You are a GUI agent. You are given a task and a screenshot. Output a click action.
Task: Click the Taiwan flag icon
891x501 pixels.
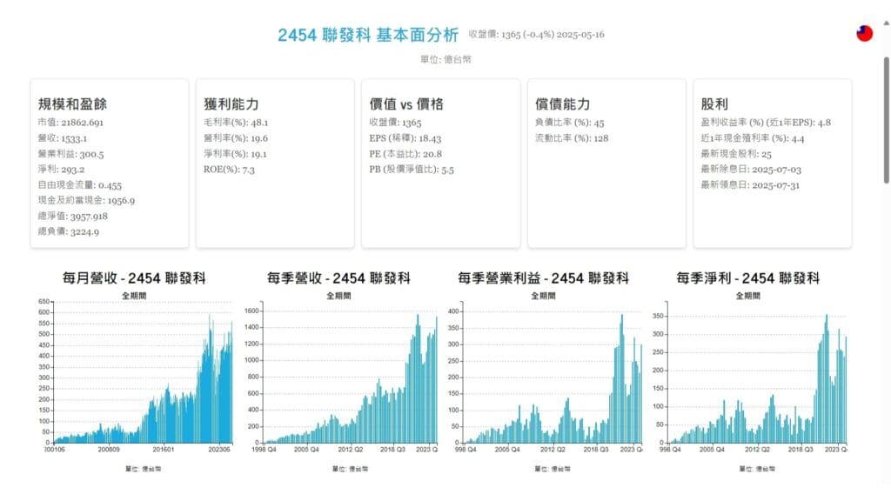coord(864,33)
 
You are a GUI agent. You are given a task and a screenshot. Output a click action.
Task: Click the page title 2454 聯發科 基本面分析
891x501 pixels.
coord(368,35)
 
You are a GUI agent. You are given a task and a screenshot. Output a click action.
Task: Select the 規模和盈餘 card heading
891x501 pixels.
coord(72,104)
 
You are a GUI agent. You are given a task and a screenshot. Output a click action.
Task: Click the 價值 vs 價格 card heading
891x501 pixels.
coord(406,104)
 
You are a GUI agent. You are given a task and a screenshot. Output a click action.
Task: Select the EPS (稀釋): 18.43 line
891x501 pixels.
coord(405,138)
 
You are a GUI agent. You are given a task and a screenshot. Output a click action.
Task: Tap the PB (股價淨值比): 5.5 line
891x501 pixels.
coord(412,170)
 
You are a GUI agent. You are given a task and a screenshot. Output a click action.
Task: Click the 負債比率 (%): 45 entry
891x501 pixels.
coord(570,123)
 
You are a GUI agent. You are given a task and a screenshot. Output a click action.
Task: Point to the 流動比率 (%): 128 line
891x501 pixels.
coord(572,138)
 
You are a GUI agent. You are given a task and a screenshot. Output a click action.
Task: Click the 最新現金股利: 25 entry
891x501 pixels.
coord(736,154)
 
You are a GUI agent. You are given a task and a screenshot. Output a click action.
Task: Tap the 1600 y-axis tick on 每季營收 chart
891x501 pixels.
coord(252,311)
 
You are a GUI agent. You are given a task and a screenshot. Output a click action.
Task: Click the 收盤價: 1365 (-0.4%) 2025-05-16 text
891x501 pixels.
coord(536,35)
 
